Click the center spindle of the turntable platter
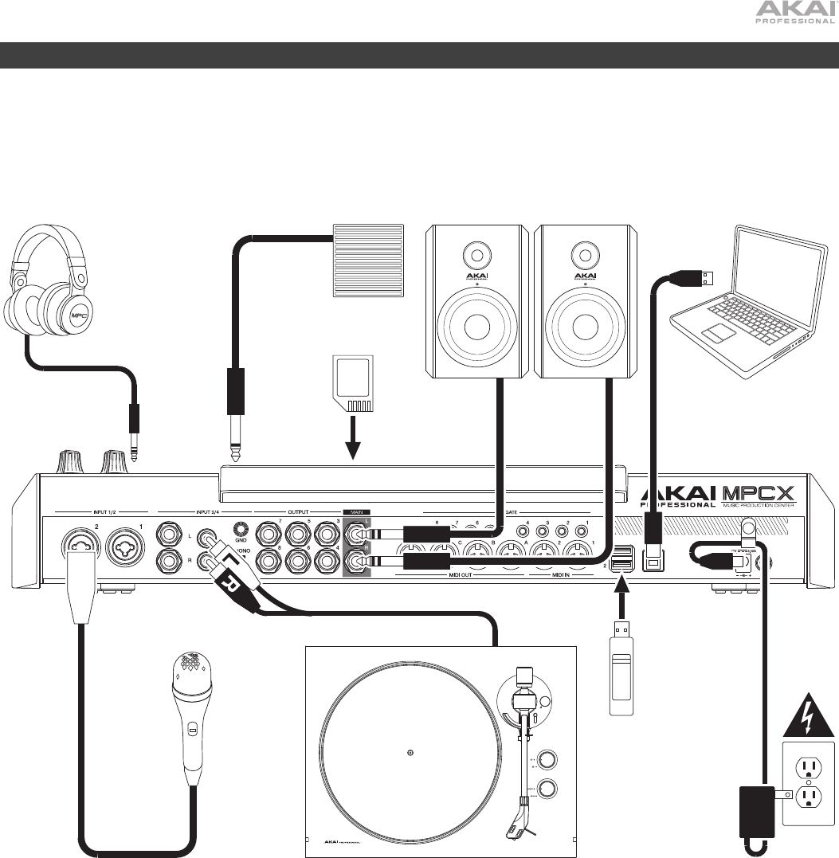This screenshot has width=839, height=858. click(409, 752)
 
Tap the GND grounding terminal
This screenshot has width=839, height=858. click(241, 529)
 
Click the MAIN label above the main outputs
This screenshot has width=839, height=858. click(357, 512)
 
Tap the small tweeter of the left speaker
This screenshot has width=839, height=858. click(476, 257)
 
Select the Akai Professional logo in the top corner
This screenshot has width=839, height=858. click(794, 13)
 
